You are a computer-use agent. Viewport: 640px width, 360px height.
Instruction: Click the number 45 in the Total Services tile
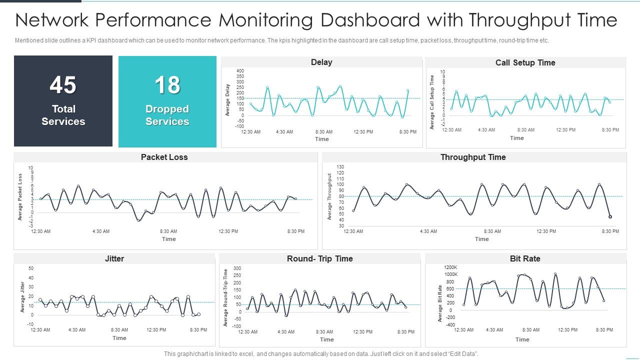point(63,85)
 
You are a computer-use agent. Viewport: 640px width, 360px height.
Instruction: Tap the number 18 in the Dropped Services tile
point(167,85)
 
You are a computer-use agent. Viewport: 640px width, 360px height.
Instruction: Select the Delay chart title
point(321,62)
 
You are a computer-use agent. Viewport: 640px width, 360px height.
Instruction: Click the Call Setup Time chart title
point(525,63)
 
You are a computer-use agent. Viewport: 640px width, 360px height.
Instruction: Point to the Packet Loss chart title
point(164,157)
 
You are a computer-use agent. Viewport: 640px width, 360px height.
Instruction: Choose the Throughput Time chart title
point(473,157)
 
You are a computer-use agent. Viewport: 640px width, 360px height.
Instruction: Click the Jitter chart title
point(114,259)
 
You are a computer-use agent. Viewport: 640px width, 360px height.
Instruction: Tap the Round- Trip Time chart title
point(319,259)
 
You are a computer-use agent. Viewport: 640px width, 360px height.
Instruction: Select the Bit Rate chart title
point(525,259)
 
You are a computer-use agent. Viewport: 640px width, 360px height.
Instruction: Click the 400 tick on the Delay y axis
point(240,71)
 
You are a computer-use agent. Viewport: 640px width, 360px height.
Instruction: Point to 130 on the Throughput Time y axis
point(340,167)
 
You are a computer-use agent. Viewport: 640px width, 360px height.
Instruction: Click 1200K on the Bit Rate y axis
point(450,267)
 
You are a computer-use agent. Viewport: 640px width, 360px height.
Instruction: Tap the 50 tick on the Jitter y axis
point(31,268)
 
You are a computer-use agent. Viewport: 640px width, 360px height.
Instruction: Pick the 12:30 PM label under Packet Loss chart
point(228,231)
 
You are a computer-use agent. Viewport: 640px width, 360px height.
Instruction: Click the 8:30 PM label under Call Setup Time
point(610,130)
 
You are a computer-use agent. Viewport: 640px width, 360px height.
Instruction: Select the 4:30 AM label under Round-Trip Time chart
point(286,332)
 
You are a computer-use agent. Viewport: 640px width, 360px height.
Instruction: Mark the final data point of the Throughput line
point(610,217)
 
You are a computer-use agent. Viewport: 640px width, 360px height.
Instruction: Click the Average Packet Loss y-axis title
point(20,197)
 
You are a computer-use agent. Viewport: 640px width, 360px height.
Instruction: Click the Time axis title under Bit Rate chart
point(522,339)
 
